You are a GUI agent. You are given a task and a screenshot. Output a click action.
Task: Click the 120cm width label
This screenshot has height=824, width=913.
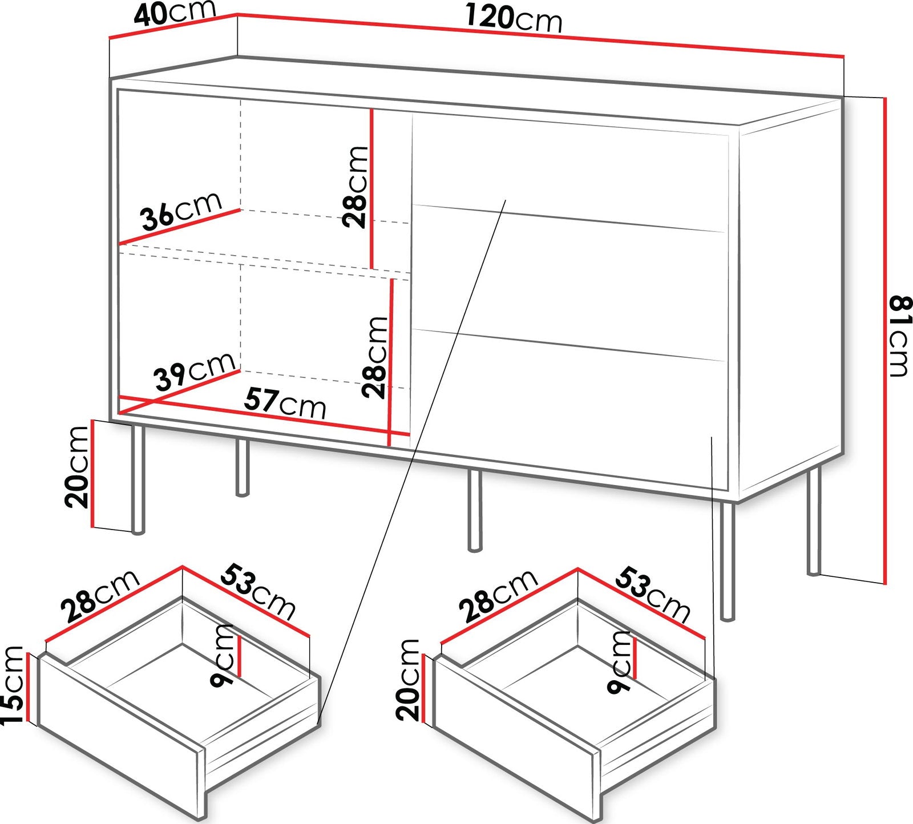(x=514, y=19)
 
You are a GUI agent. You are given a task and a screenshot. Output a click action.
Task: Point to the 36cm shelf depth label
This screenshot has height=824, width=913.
(x=181, y=211)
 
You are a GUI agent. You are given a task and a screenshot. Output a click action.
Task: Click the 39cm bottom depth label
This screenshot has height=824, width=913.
(x=194, y=370)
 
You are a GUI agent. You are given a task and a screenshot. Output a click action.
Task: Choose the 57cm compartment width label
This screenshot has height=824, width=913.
(x=285, y=403)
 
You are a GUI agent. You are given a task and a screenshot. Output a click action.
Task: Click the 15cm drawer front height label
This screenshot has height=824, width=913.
(x=13, y=685)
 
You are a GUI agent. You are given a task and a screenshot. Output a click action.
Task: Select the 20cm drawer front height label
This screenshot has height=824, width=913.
(x=408, y=679)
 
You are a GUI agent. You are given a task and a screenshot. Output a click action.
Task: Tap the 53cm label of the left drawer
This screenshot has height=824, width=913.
(x=258, y=591)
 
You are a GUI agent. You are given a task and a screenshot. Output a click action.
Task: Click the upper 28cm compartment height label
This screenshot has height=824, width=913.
(x=355, y=187)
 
